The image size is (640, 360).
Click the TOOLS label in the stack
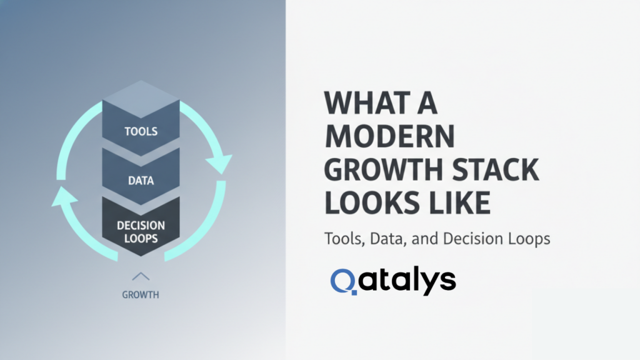[x=141, y=132]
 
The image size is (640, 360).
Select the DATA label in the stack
[x=141, y=181]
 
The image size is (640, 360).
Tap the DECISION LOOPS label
[x=141, y=231]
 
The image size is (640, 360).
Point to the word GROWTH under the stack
[x=141, y=294]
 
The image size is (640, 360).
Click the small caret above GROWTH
[x=141, y=276]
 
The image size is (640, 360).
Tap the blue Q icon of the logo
[x=344, y=282]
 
